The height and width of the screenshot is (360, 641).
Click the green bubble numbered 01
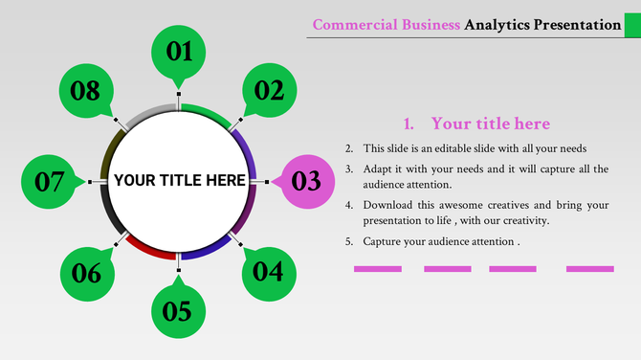pyautogui.click(x=180, y=52)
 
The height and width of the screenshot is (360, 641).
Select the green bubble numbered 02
pyautogui.click(x=269, y=91)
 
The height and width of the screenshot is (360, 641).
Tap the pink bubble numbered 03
pyautogui.click(x=305, y=181)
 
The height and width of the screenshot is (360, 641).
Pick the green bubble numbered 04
pyautogui.click(x=268, y=272)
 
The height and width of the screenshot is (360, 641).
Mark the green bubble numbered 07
pyautogui.click(x=49, y=181)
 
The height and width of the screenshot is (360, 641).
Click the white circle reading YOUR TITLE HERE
pyautogui.click(x=179, y=181)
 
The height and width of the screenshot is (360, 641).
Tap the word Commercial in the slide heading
pyautogui.click(x=350, y=25)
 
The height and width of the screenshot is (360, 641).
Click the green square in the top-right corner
pyautogui.click(x=632, y=25)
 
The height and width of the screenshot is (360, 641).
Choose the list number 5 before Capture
pyautogui.click(x=349, y=241)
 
